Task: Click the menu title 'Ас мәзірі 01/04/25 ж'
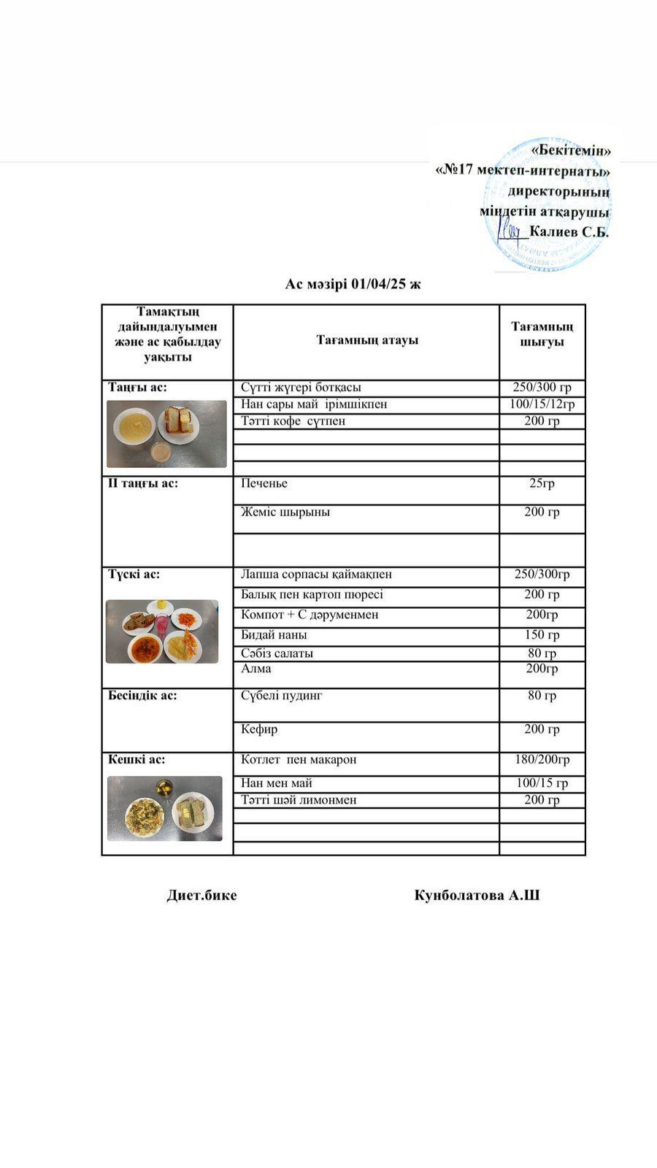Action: [353, 284]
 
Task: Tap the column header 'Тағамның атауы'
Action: [367, 340]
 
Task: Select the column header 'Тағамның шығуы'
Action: [542, 334]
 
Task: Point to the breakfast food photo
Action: [166, 434]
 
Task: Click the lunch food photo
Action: [162, 631]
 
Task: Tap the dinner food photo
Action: [165, 808]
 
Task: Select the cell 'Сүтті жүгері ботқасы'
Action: [301, 388]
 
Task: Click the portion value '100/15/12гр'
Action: [542, 404]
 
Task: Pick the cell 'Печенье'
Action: [264, 483]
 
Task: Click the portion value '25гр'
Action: [542, 483]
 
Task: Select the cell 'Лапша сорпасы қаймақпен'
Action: [316, 575]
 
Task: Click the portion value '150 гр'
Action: [542, 635]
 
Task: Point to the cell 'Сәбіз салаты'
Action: [277, 653]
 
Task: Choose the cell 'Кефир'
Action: [259, 729]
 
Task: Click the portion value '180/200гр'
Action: [542, 760]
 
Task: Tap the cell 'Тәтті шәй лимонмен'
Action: [299, 800]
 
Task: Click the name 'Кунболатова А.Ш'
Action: [477, 895]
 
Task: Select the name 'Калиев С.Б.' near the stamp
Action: [569, 232]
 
